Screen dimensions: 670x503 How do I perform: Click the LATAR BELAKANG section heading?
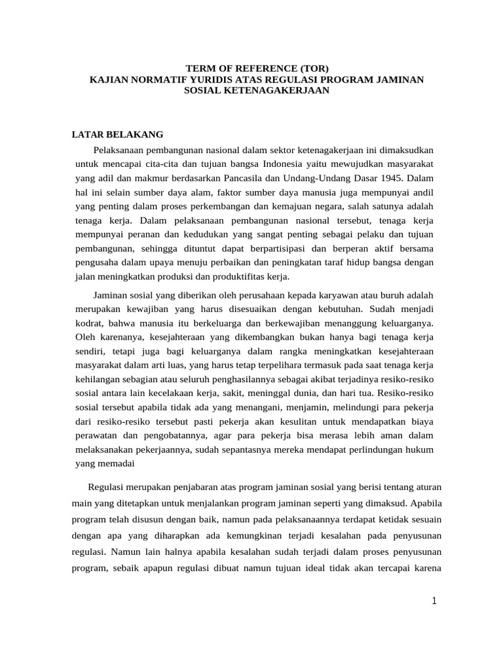(117, 134)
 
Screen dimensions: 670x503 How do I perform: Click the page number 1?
(434, 602)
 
